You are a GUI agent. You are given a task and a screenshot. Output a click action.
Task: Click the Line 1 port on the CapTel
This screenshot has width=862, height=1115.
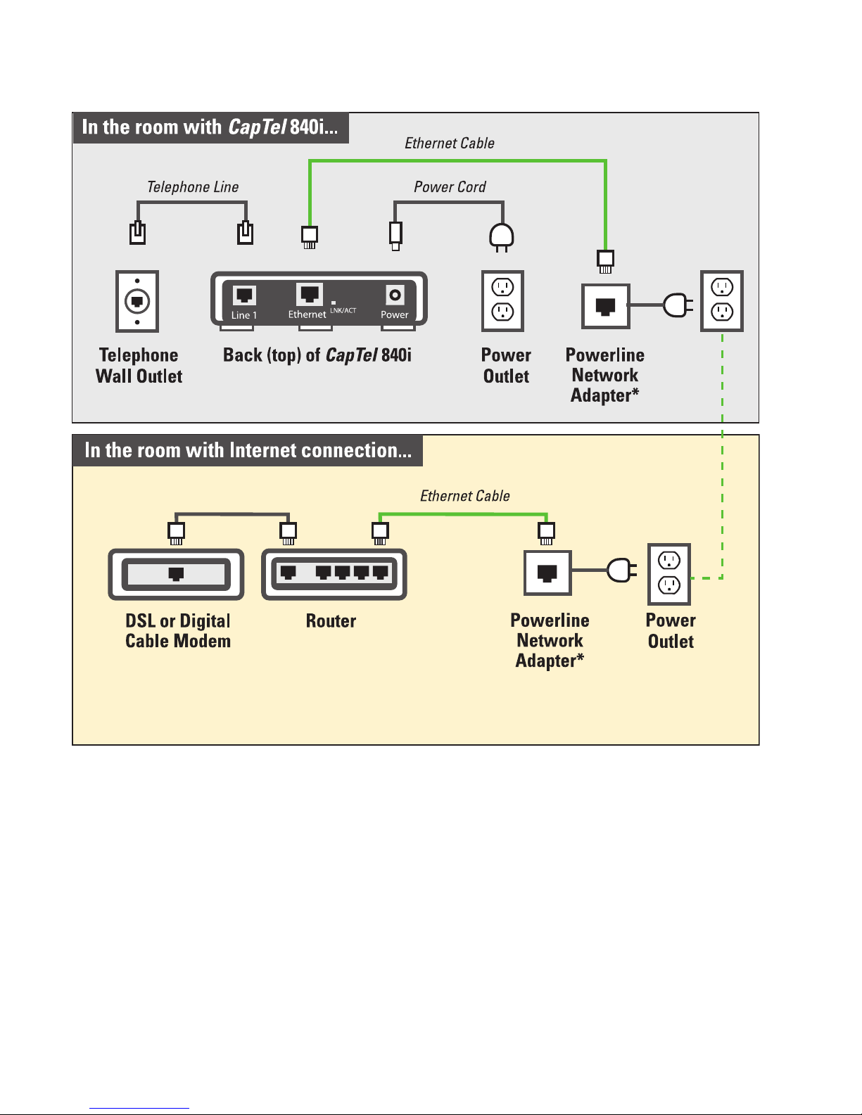(x=243, y=295)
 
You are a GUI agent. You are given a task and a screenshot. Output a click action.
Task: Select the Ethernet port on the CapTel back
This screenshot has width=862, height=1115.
(x=310, y=295)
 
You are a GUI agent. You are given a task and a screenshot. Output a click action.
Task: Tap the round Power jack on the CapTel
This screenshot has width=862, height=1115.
(x=395, y=295)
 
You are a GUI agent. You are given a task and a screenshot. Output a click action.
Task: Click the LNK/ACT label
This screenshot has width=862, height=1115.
(x=343, y=310)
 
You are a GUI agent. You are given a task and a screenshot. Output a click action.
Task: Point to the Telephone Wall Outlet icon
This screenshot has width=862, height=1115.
(x=137, y=301)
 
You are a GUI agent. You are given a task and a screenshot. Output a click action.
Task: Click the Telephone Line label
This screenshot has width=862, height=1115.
(x=193, y=187)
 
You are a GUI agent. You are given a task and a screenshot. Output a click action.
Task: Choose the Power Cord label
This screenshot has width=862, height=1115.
(x=450, y=187)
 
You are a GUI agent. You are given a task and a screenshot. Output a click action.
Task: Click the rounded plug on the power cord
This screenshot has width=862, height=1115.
(x=502, y=237)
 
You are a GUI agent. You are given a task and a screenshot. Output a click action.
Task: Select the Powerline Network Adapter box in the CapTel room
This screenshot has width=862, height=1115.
(x=605, y=306)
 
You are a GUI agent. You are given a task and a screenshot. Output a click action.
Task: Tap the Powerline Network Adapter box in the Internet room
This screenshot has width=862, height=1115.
(x=547, y=573)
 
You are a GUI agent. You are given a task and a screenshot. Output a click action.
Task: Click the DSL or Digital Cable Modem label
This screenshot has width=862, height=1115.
(x=178, y=630)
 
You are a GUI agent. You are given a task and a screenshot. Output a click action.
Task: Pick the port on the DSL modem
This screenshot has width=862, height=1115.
(x=176, y=573)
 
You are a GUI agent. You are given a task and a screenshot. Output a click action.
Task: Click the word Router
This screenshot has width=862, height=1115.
(x=331, y=621)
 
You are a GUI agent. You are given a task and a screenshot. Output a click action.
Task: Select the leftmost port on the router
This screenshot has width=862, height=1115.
(x=289, y=572)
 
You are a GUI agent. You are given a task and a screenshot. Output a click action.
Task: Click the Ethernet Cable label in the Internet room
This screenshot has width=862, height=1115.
(x=465, y=496)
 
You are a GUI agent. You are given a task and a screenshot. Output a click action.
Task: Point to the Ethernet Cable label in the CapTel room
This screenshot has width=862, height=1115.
(x=450, y=144)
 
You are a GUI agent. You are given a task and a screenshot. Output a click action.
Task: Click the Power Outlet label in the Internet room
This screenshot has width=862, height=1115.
(x=671, y=630)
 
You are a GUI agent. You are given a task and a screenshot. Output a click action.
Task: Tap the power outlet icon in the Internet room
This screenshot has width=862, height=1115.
(x=669, y=574)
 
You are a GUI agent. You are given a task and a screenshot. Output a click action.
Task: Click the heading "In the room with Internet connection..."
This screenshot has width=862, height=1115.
(x=248, y=450)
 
